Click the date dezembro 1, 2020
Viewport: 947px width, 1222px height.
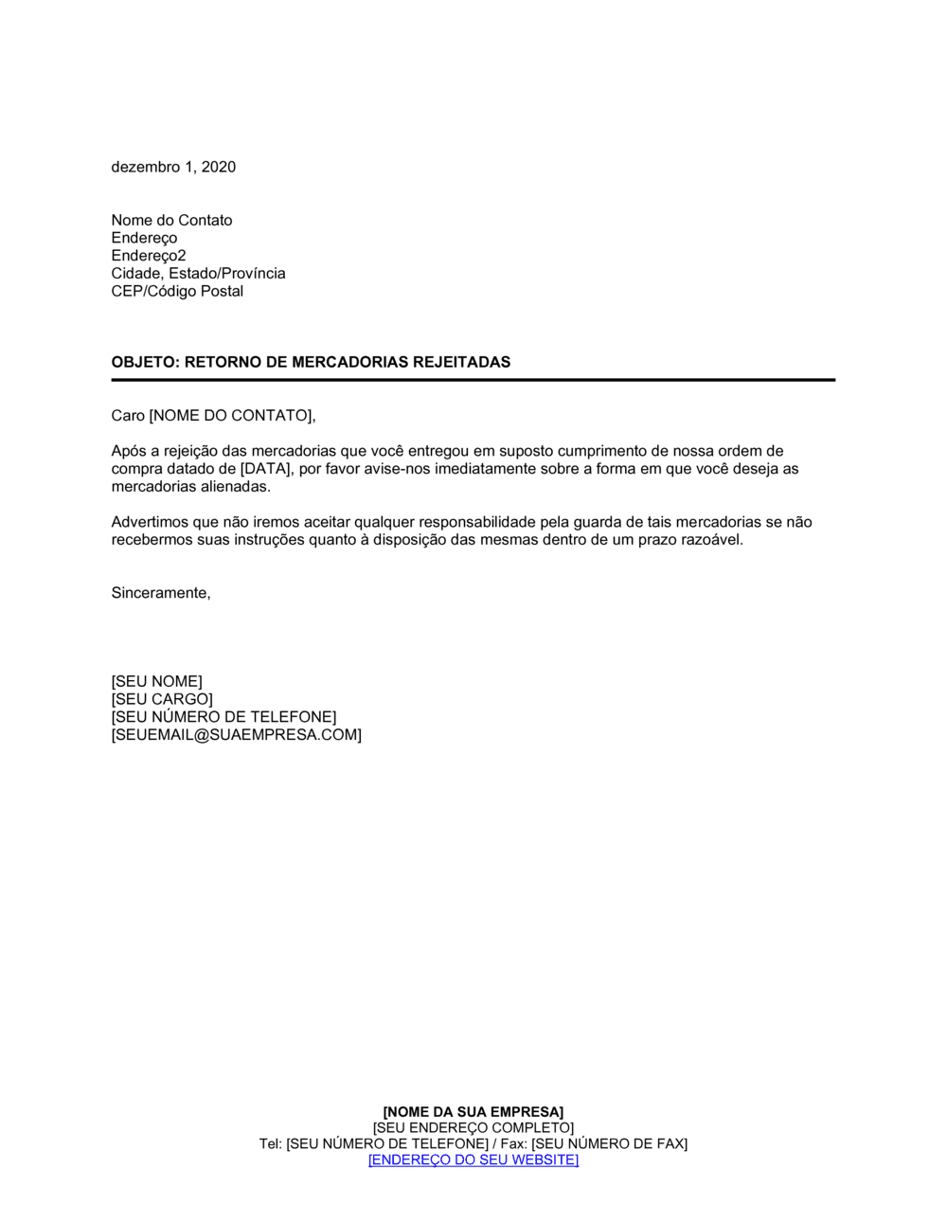tap(173, 167)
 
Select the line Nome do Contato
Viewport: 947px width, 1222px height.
tap(171, 220)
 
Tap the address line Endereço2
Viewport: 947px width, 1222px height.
tap(149, 256)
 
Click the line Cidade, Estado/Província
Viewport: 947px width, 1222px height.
tap(198, 273)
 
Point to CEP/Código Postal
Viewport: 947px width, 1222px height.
tap(177, 291)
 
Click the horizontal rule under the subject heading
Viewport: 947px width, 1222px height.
tap(473, 380)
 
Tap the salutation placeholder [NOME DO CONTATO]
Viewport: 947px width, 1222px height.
tap(231, 415)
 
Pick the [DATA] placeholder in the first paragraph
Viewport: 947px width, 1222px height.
tap(265, 469)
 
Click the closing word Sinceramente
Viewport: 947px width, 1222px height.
tap(160, 593)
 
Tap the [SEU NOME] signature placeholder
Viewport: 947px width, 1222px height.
tap(156, 681)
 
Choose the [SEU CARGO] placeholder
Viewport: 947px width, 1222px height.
tap(162, 699)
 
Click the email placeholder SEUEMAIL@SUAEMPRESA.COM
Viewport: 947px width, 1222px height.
tap(237, 735)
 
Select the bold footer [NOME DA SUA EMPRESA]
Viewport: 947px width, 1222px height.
tap(473, 1111)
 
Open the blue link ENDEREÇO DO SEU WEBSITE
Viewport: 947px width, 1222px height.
tap(473, 1159)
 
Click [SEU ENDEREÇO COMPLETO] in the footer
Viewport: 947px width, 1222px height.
tap(473, 1127)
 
